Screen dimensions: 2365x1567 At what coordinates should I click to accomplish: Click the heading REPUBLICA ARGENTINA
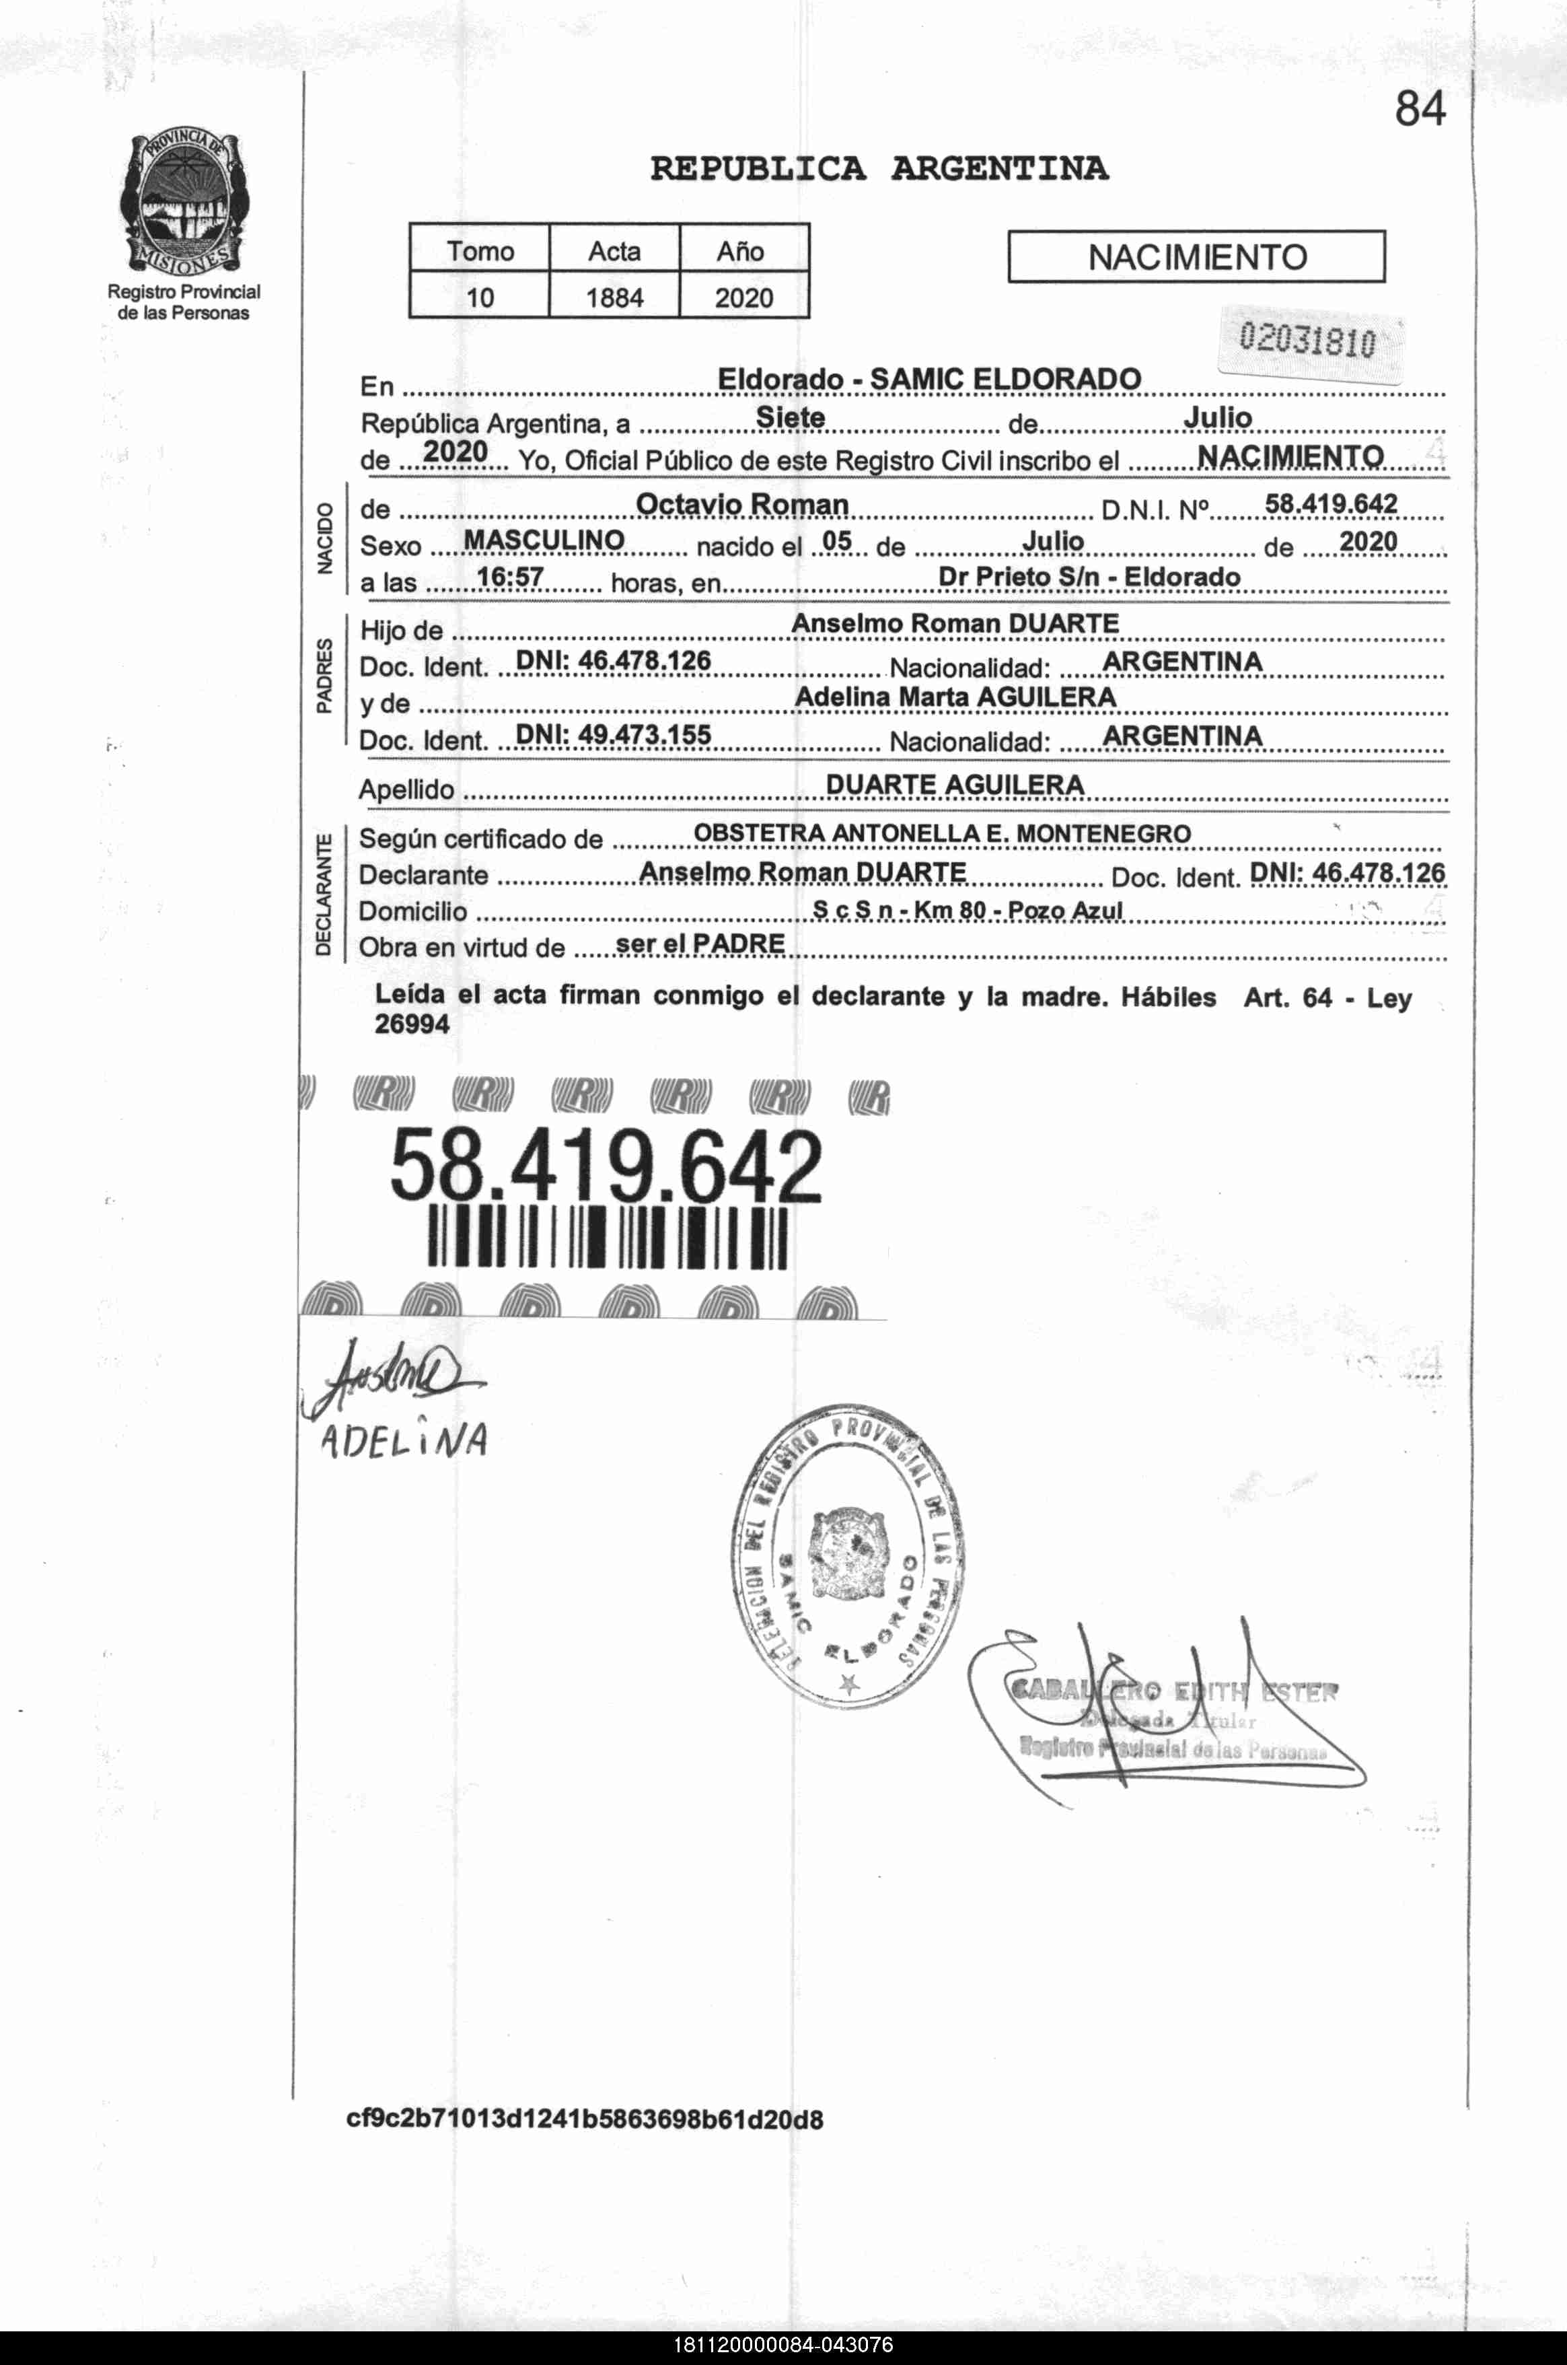[x=879, y=168]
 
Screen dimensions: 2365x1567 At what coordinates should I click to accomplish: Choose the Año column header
[x=741, y=251]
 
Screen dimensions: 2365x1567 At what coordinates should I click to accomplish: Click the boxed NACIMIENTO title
[x=1196, y=258]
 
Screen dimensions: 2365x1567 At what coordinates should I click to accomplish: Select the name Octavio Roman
[x=741, y=505]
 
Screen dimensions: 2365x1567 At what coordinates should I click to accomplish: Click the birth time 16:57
[x=510, y=577]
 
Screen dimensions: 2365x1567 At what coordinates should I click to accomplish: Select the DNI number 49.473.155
[x=613, y=735]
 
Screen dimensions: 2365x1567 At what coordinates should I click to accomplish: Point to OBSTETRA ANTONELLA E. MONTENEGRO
[x=941, y=833]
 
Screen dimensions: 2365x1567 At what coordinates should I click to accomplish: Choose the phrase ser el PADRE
[x=700, y=943]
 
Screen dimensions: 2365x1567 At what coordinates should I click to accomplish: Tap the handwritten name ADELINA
[x=404, y=1440]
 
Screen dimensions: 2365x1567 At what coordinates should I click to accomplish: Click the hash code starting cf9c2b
[x=585, y=2119]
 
